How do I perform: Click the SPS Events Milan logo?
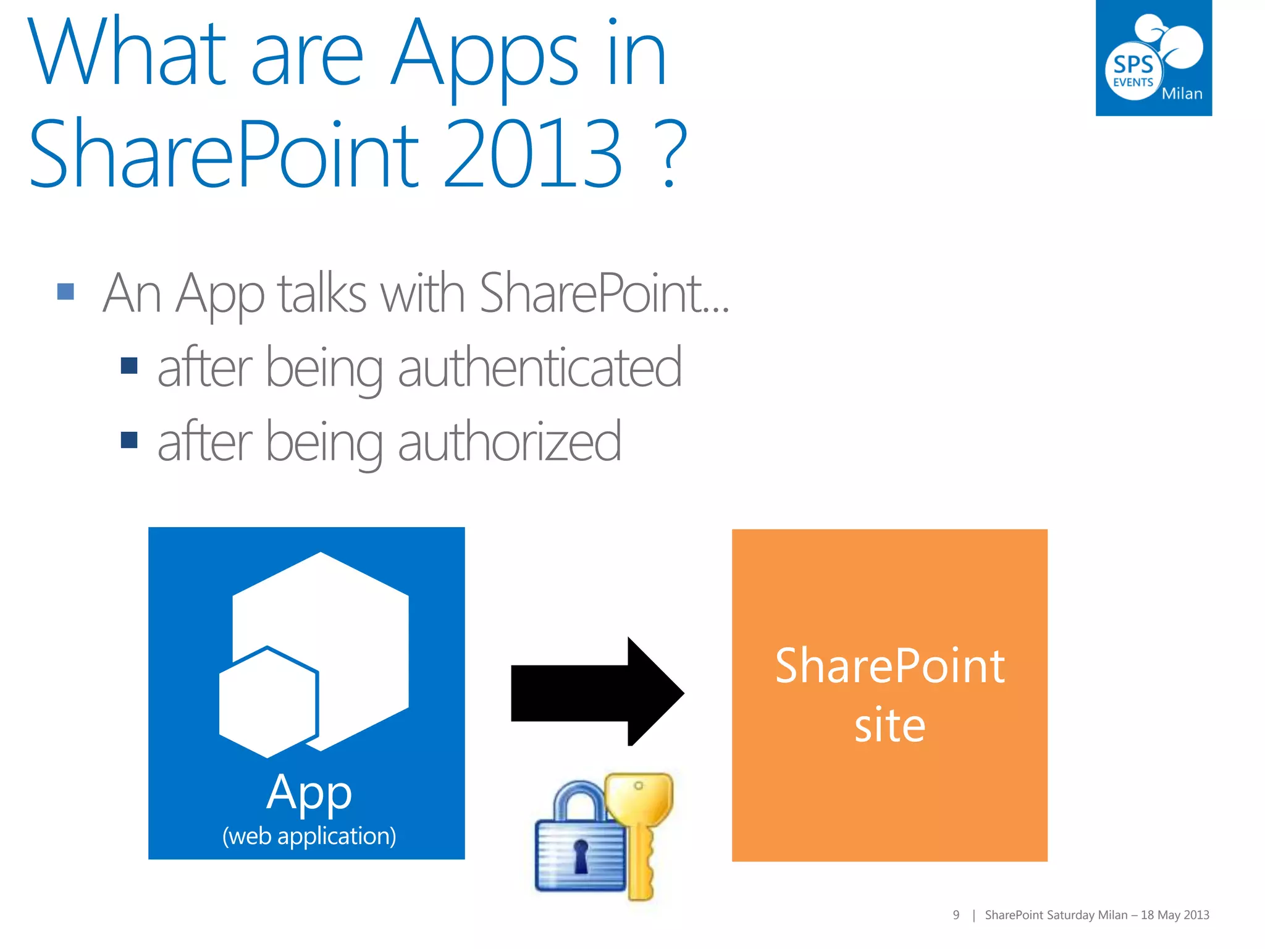tap(1153, 58)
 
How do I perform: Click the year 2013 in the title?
tap(532, 154)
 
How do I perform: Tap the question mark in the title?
tap(671, 154)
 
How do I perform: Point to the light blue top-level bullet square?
tap(65, 291)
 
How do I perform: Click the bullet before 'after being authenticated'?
tap(129, 366)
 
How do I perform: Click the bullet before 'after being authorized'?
tap(129, 439)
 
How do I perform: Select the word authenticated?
tap(540, 368)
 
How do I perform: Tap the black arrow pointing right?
tap(597, 692)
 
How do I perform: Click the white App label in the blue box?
tap(309, 792)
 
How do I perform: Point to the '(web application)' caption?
tap(309, 836)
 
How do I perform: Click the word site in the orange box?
tap(889, 725)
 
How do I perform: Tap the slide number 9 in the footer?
tap(956, 915)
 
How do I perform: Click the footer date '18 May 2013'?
tap(1175, 915)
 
